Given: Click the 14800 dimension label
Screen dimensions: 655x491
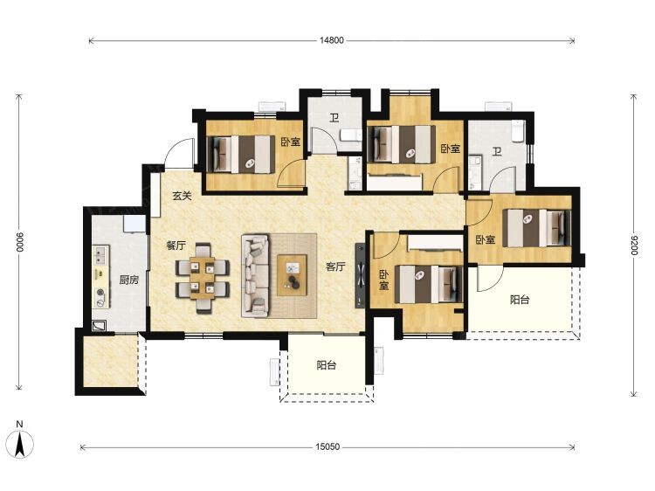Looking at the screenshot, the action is click(332, 40).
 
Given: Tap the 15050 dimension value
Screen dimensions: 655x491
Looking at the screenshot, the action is click(327, 446).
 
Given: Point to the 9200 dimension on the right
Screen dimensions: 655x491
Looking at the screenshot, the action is click(634, 245).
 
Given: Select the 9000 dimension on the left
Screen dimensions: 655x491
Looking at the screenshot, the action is click(20, 242).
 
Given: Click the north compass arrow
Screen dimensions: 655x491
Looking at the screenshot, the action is click(19, 443).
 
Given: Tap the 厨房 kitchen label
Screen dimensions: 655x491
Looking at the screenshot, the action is click(128, 280).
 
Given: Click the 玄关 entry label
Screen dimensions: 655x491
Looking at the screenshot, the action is click(182, 195).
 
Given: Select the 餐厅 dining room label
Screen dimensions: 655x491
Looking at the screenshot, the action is click(176, 245).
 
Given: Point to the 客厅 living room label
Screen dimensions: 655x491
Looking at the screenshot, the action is click(335, 266).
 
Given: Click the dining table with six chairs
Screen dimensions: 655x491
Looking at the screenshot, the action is click(203, 279).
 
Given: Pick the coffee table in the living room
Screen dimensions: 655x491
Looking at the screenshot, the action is click(292, 275).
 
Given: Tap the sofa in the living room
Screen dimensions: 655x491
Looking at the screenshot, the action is click(255, 276).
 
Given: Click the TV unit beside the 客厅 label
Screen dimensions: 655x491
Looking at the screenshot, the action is click(360, 276).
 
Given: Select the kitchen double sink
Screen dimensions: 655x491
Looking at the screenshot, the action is click(100, 255).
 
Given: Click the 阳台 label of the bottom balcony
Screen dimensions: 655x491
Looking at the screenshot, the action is click(327, 365).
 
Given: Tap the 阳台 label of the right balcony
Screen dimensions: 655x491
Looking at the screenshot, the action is click(520, 300).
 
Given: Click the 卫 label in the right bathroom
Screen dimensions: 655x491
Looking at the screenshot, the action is click(497, 151).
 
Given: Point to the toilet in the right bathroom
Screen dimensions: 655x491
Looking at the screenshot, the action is click(519, 130).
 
